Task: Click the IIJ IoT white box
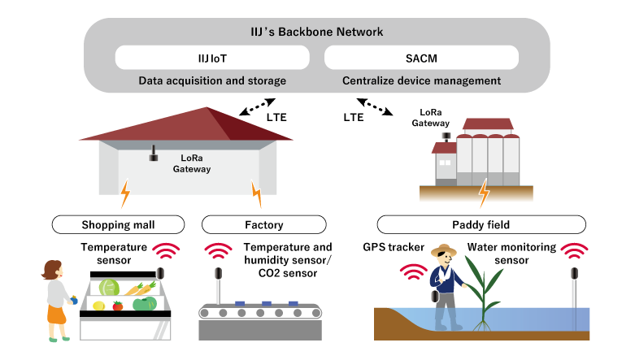pyautogui.click(x=212, y=58)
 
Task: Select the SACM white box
pyautogui.click(x=421, y=58)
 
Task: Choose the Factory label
pyautogui.click(x=263, y=224)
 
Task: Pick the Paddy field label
pyautogui.click(x=481, y=224)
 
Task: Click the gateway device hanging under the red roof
pyautogui.click(x=152, y=154)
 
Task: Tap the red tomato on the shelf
pyautogui.click(x=119, y=306)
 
